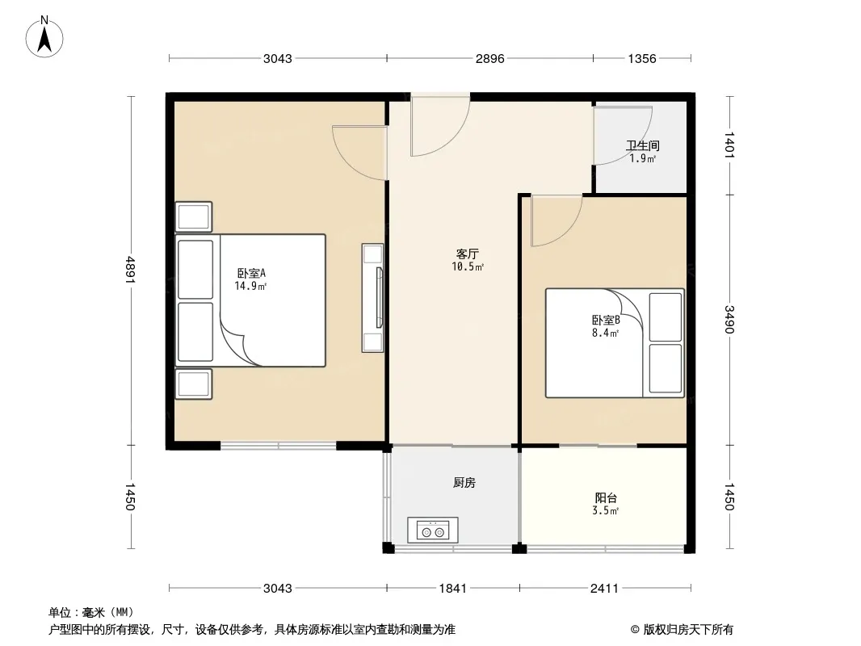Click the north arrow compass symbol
click(x=44, y=37)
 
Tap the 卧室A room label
click(x=251, y=273)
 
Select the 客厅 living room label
click(x=468, y=254)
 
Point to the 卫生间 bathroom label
click(x=642, y=145)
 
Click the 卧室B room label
click(x=606, y=320)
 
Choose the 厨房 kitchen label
click(x=464, y=482)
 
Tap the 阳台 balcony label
click(x=606, y=497)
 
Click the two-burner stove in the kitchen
click(x=433, y=531)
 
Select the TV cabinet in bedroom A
click(x=373, y=297)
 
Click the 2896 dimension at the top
click(x=489, y=59)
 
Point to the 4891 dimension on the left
click(x=130, y=270)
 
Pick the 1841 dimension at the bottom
click(x=453, y=589)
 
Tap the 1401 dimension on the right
click(x=729, y=145)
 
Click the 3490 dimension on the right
click(x=729, y=320)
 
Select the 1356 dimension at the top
click(x=642, y=59)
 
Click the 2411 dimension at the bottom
click(x=605, y=589)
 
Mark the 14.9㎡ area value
click(x=250, y=286)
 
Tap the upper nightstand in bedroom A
click(x=194, y=216)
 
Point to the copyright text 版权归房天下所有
click(x=688, y=630)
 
